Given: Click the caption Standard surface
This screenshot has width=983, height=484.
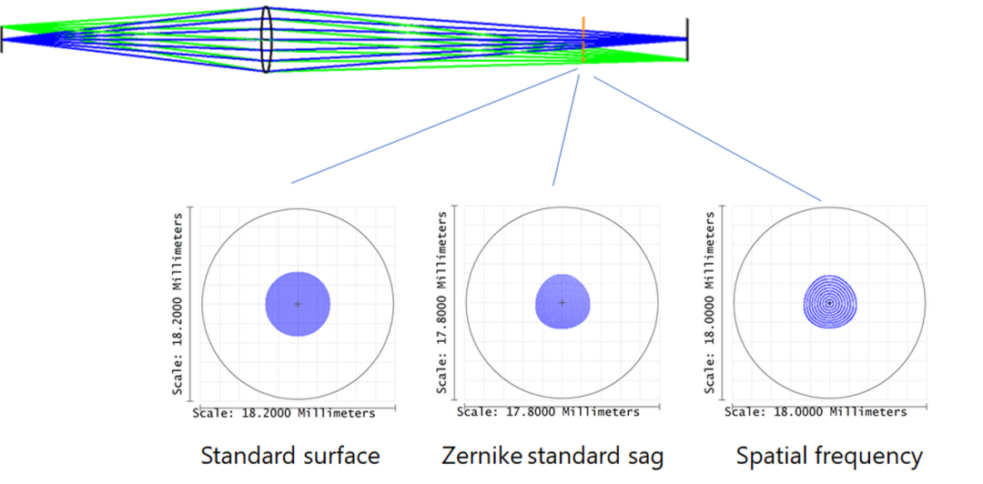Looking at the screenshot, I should click(x=289, y=456).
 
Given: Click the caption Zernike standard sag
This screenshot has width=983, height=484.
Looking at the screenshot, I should click(x=552, y=456).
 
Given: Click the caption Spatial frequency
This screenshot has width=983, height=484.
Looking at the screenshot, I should click(x=829, y=456).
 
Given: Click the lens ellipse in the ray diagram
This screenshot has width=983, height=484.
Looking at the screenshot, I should click(x=266, y=39).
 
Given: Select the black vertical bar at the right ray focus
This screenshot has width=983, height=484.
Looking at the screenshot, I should click(x=686, y=40).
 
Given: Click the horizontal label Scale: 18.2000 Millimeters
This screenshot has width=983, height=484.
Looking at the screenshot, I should click(x=284, y=413).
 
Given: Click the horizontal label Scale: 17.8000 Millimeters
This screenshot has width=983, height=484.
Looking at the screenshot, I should click(x=548, y=412).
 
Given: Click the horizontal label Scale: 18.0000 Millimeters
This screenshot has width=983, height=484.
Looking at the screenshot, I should click(x=816, y=411).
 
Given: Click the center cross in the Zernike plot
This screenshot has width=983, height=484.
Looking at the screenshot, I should click(x=562, y=302).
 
